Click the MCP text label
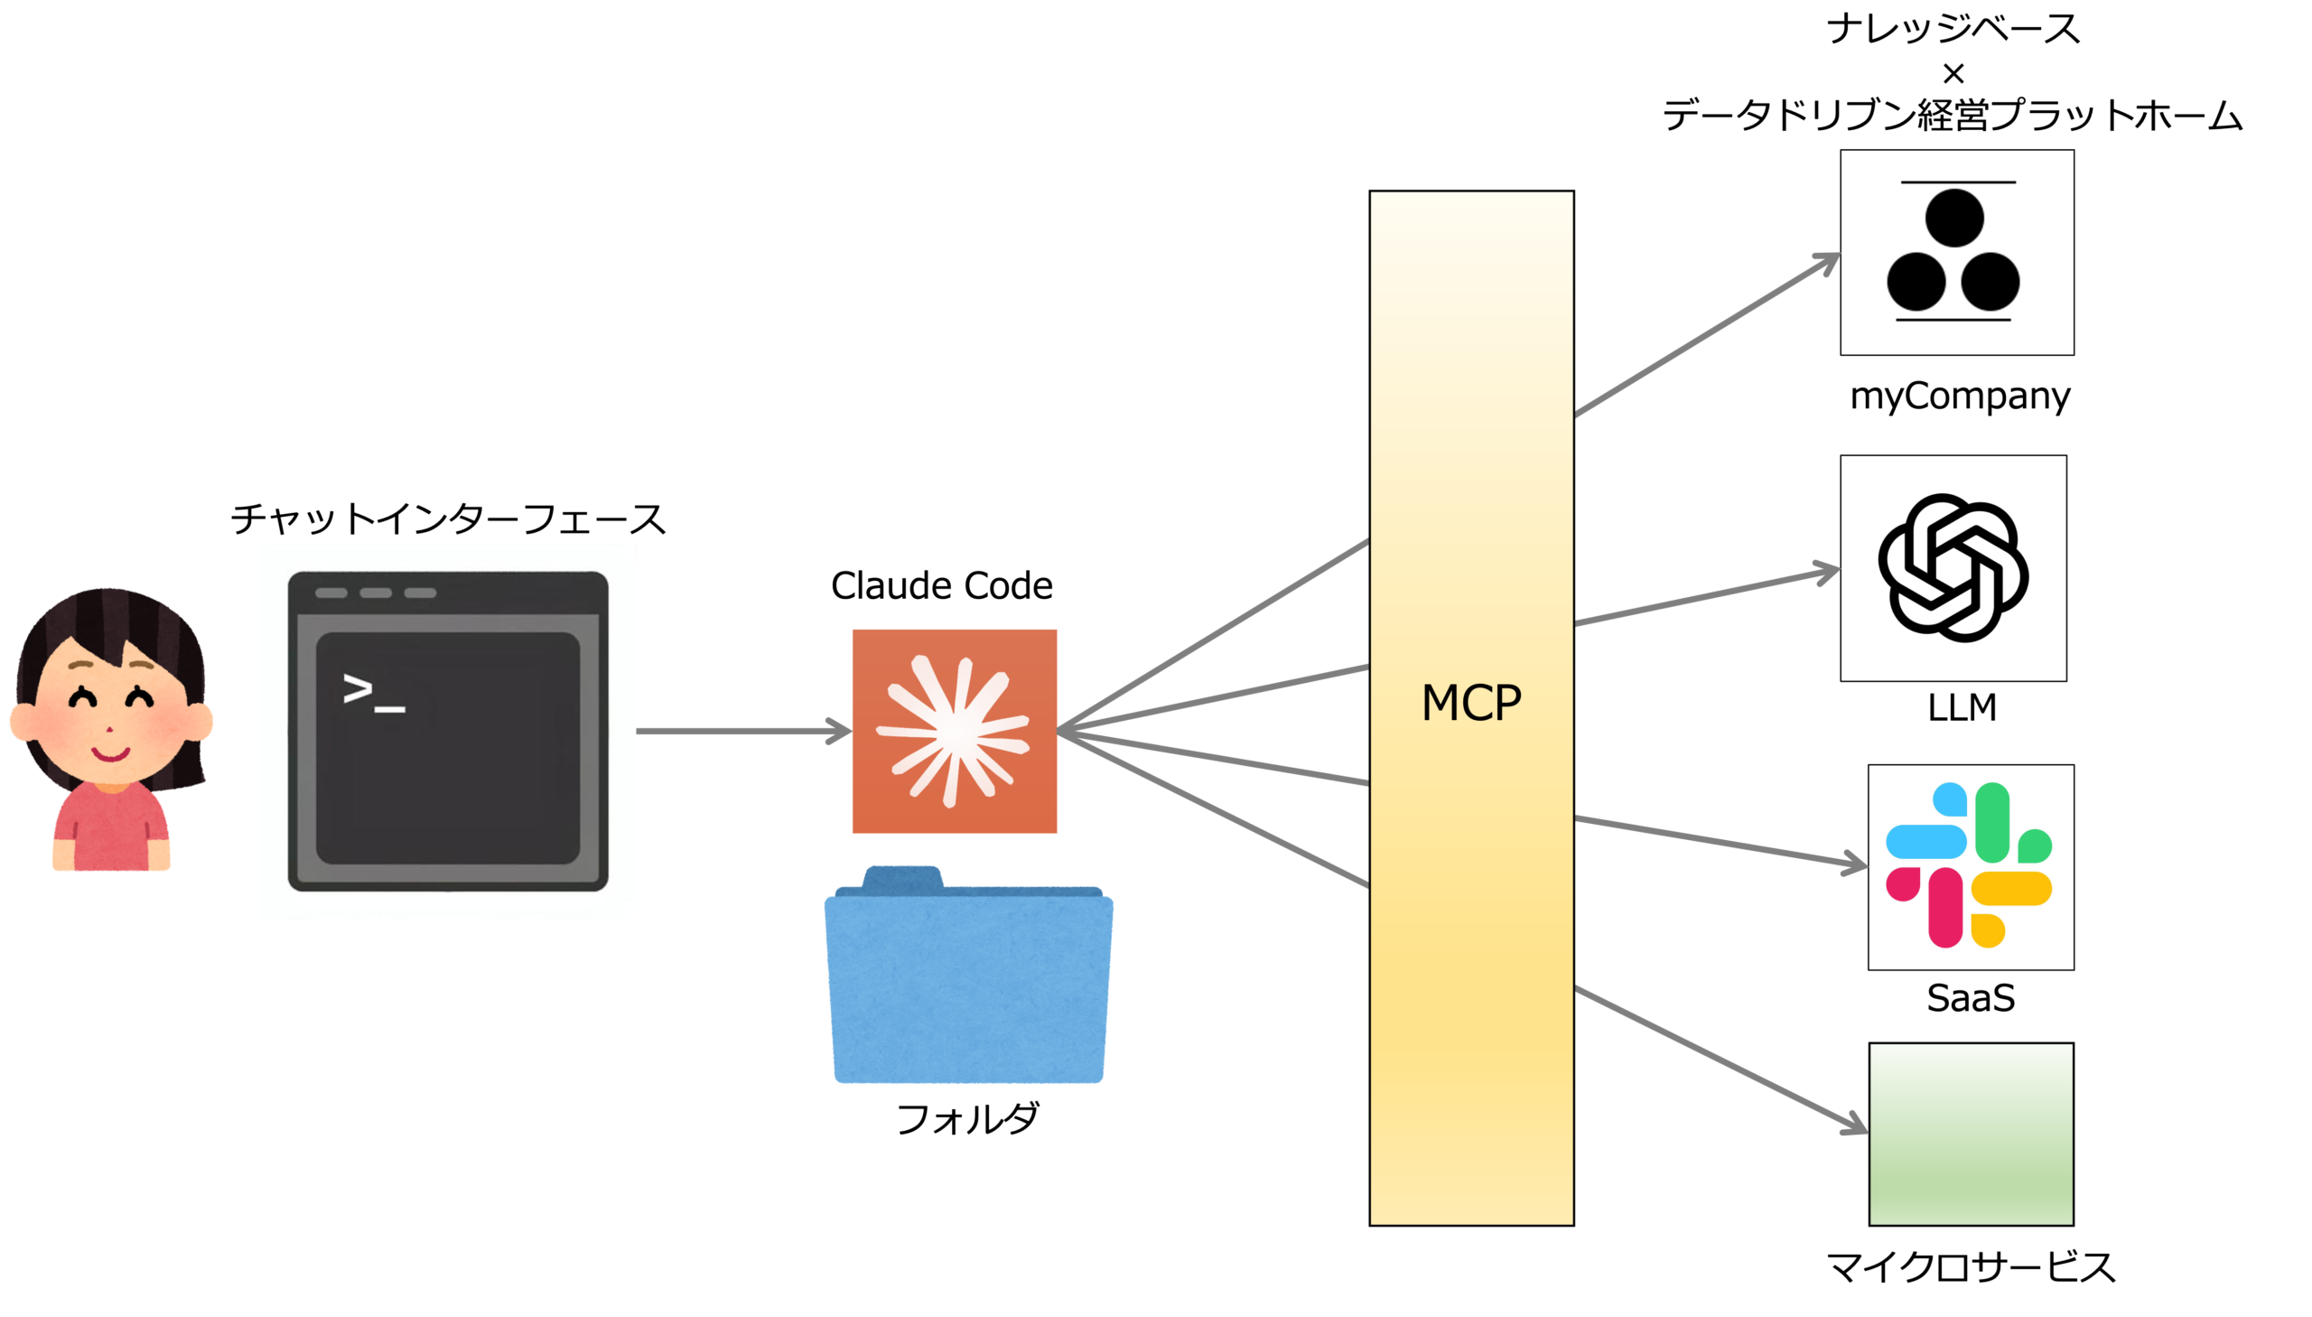1471,703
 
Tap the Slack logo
1970,865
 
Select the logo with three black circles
1956,252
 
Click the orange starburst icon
954,731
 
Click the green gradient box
1971,1134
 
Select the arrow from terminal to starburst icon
741,731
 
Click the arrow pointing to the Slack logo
1718,842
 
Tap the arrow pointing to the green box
1718,1059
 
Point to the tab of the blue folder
902,875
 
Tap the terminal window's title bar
448,593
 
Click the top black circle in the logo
1954,218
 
